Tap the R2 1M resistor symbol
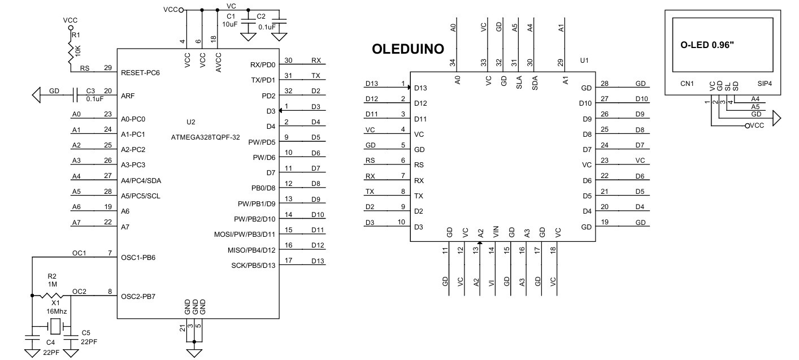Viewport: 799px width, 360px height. pyautogui.click(x=52, y=296)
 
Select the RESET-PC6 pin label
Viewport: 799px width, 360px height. pyautogui.click(x=141, y=73)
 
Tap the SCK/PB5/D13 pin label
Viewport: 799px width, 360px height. pyautogui.click(x=253, y=266)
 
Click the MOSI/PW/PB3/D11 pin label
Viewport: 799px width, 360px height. pyautogui.click(x=245, y=235)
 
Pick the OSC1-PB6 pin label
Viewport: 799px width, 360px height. pyautogui.click(x=138, y=257)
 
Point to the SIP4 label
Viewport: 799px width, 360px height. pyautogui.click(x=765, y=84)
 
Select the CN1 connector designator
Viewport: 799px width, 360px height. pyautogui.click(x=687, y=84)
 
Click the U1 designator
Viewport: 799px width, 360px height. pyautogui.click(x=584, y=60)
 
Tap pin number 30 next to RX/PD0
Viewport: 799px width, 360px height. pyautogui.click(x=289, y=60)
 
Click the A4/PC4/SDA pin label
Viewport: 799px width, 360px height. pyautogui.click(x=141, y=180)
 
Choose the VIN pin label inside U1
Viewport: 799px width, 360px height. pyautogui.click(x=496, y=231)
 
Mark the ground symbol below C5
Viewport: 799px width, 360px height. pyautogui.click(x=71, y=353)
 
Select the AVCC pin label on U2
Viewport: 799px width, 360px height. pyautogui.click(x=218, y=60)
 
